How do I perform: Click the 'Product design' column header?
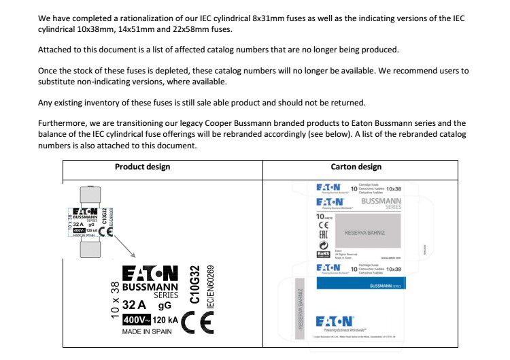pyautogui.click(x=142, y=167)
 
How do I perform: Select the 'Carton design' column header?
pyautogui.click(x=356, y=167)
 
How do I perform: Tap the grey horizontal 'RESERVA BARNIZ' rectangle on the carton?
pyautogui.click(x=364, y=233)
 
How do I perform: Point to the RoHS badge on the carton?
pyautogui.click(x=324, y=254)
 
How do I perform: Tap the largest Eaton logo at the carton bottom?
pyautogui.click(x=335, y=321)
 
